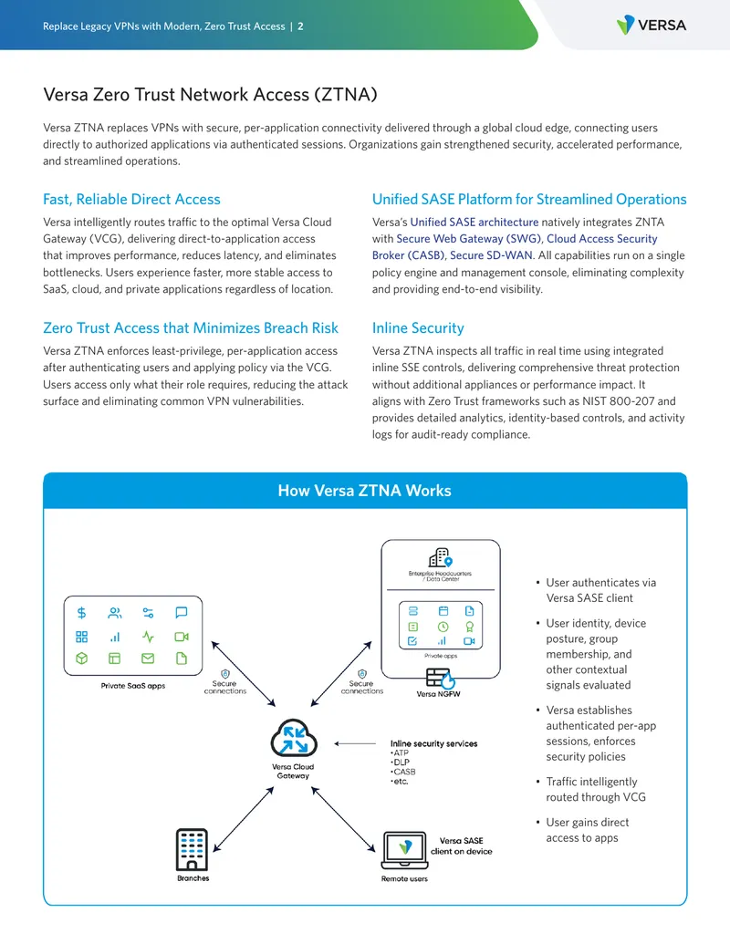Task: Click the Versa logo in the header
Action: pyautogui.click(x=652, y=25)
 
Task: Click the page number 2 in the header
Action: pyautogui.click(x=300, y=26)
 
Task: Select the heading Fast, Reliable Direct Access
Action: pyautogui.click(x=131, y=199)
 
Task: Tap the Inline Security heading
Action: pyautogui.click(x=418, y=328)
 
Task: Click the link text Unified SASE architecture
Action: pyautogui.click(x=474, y=223)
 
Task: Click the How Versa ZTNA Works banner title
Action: pyautogui.click(x=364, y=491)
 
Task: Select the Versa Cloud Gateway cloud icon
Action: pyautogui.click(x=293, y=738)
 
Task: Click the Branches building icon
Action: pyautogui.click(x=193, y=849)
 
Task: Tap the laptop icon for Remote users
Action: pyautogui.click(x=405, y=851)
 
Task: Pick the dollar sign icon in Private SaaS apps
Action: pyautogui.click(x=82, y=613)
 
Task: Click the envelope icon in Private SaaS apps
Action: pyautogui.click(x=148, y=659)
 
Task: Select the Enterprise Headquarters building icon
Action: pyautogui.click(x=441, y=557)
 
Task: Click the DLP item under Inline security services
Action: pyautogui.click(x=401, y=762)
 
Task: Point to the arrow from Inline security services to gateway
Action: pyautogui.click(x=355, y=743)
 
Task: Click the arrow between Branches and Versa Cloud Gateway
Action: pyautogui.click(x=244, y=819)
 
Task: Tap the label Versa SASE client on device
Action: pyautogui.click(x=462, y=845)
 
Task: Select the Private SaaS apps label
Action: pyautogui.click(x=133, y=686)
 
